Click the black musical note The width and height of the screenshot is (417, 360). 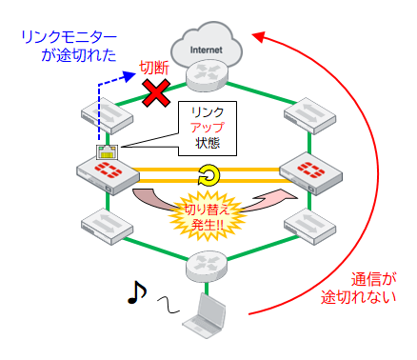tap(135, 293)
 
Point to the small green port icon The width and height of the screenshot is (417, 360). tap(106, 150)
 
